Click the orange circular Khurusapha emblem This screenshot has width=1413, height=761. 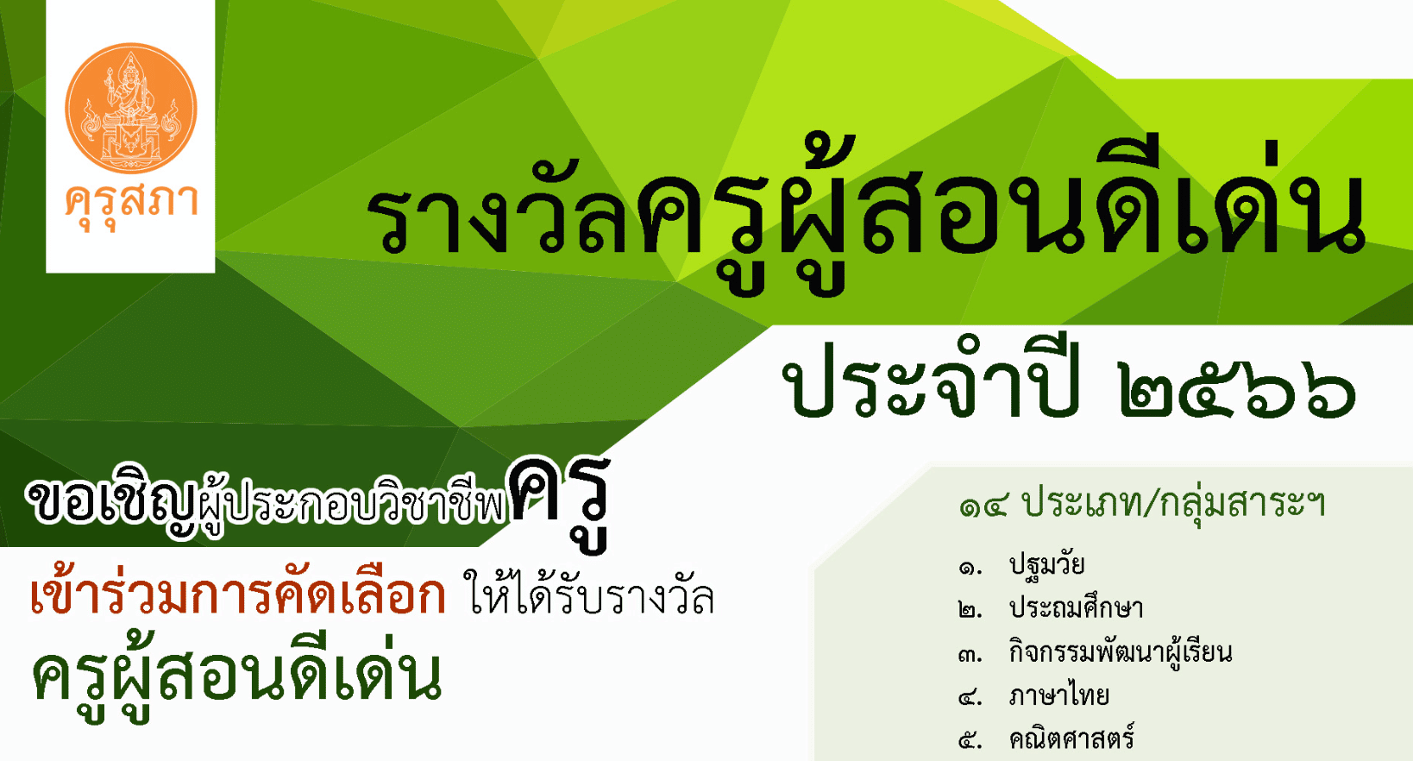click(130, 108)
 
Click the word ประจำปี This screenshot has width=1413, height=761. click(932, 379)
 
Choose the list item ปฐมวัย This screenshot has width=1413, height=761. click(1046, 564)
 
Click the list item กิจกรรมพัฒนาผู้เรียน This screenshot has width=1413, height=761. click(1121, 652)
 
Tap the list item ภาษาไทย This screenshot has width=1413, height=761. click(1059, 695)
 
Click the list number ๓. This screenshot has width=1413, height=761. click(970, 656)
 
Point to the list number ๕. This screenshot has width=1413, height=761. click(970, 741)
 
